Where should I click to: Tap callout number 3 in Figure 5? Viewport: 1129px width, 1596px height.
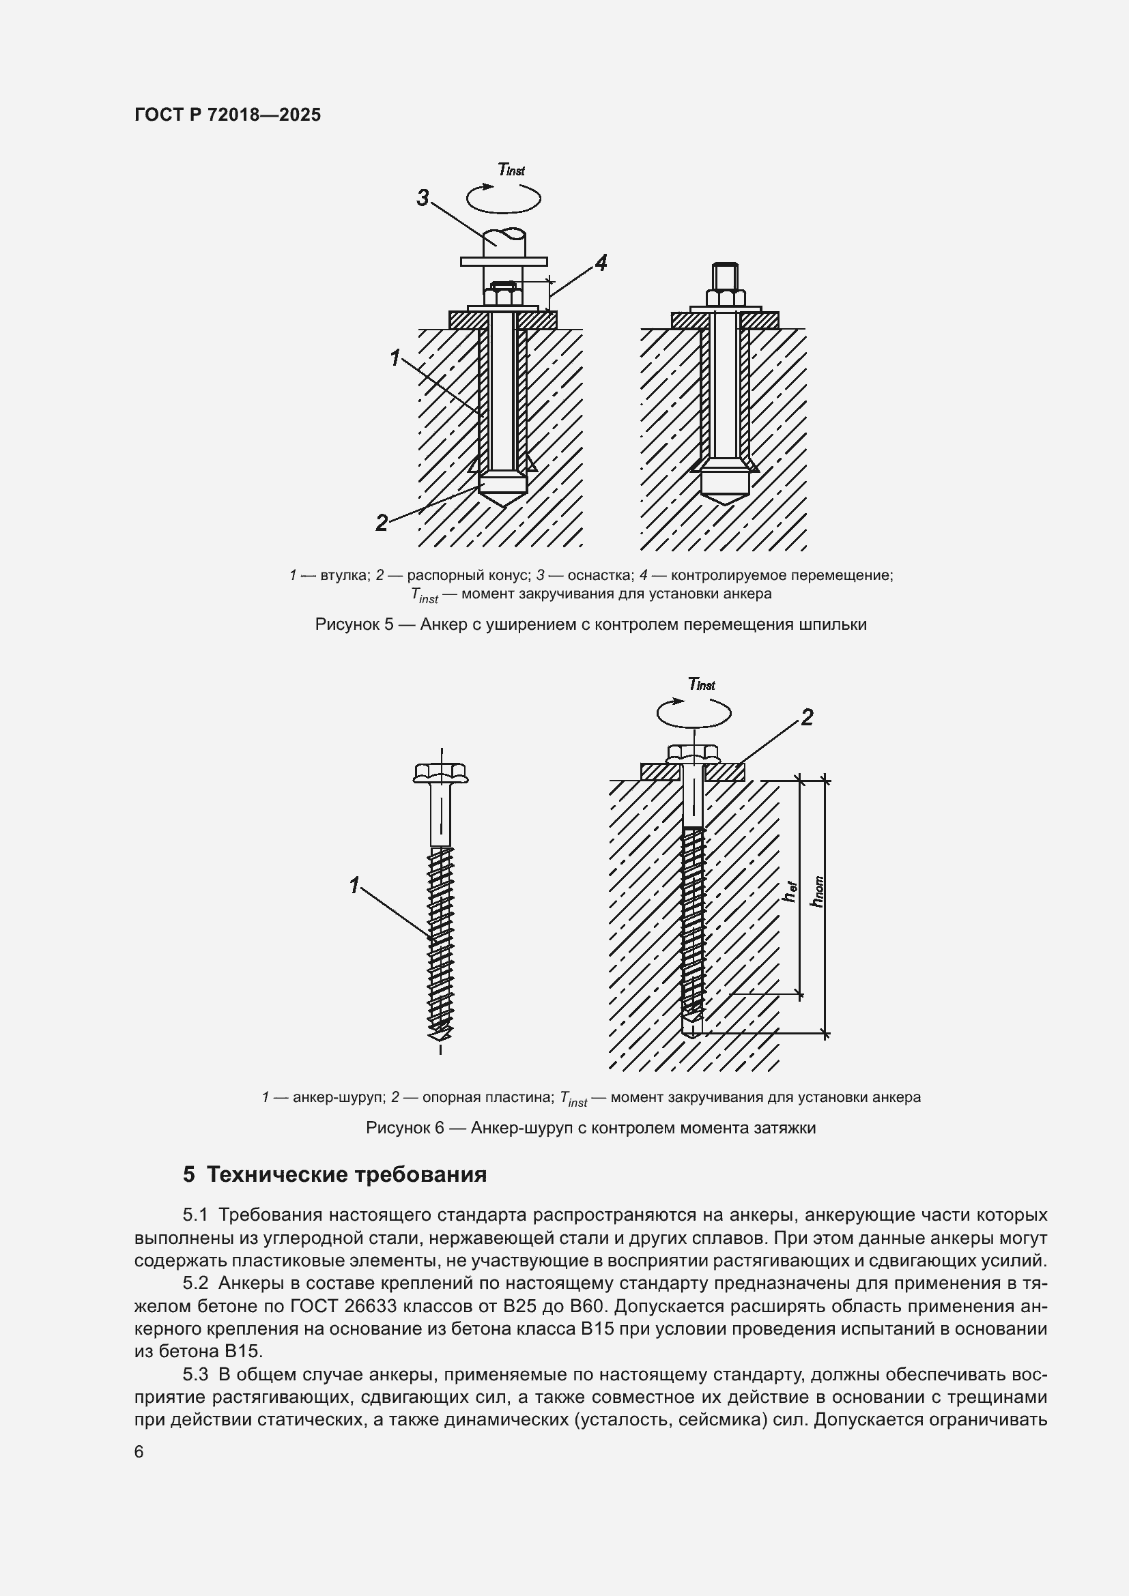[423, 199]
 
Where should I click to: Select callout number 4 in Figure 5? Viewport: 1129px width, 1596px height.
[601, 263]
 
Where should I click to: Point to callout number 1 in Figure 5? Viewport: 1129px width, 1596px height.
[395, 359]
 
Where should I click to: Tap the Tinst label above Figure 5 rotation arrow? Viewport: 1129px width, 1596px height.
[511, 169]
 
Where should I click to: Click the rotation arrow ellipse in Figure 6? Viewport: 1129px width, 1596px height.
[694, 712]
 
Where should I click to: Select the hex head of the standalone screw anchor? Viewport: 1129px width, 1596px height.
[441, 772]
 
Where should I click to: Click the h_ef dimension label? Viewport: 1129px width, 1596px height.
[790, 892]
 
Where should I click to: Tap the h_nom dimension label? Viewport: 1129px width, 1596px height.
[818, 892]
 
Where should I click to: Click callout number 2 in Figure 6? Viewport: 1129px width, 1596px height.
[806, 717]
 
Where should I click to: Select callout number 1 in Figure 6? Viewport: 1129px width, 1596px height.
[354, 886]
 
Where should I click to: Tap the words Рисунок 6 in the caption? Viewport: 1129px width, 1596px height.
[405, 1127]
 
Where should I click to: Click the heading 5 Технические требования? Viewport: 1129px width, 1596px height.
[334, 1175]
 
